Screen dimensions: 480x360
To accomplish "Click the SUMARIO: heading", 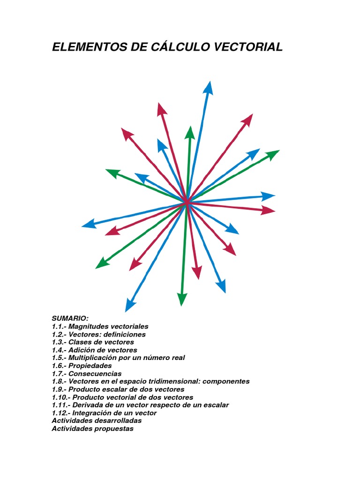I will (70, 318).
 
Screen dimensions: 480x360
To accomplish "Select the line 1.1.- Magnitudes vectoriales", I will (100, 326).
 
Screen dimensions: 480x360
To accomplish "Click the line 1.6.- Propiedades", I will (82, 365).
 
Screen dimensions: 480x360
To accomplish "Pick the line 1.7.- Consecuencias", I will (86, 374).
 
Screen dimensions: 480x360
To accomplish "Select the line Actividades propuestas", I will (92, 428).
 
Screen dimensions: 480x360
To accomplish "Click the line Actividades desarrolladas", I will (97, 421).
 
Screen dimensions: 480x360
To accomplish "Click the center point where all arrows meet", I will (187, 202).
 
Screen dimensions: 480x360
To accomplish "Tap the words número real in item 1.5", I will (166, 358).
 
